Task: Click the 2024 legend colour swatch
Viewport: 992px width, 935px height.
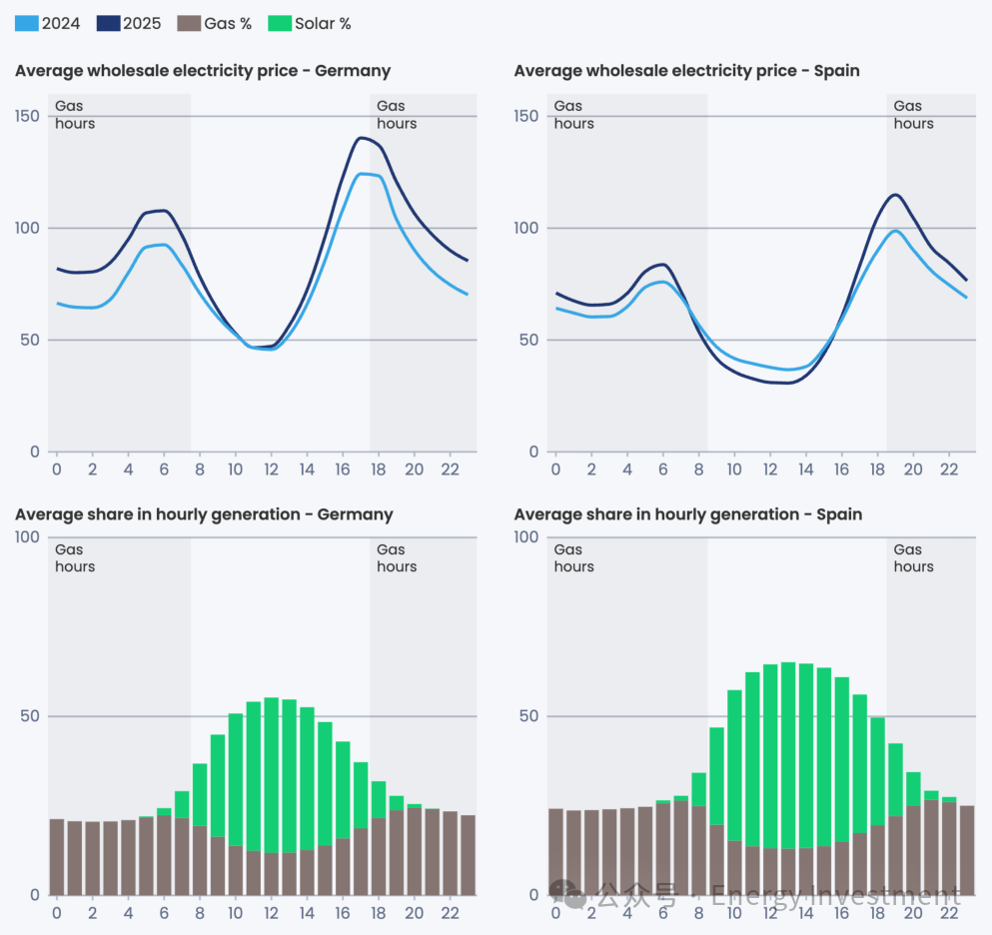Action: click(x=26, y=23)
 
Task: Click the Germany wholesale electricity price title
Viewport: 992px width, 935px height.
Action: click(x=203, y=71)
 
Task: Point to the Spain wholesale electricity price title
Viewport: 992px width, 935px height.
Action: click(x=686, y=71)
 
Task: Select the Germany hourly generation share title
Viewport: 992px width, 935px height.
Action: click(x=204, y=514)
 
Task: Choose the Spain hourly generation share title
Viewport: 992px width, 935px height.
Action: click(x=687, y=514)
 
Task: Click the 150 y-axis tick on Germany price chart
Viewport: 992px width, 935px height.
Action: click(x=28, y=116)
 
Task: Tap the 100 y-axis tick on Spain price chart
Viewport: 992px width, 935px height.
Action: click(x=525, y=228)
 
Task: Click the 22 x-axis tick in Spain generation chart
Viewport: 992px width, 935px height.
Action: click(x=948, y=913)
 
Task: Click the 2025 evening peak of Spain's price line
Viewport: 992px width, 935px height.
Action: click(x=895, y=195)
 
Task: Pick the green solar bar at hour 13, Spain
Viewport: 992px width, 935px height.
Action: click(x=788, y=755)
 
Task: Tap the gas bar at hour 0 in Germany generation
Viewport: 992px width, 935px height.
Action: click(x=57, y=857)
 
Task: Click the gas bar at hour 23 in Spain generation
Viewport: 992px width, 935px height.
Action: click(x=967, y=850)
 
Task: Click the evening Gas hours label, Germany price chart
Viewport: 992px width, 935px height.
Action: click(x=397, y=115)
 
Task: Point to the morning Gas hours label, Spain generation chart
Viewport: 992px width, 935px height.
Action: click(x=574, y=557)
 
